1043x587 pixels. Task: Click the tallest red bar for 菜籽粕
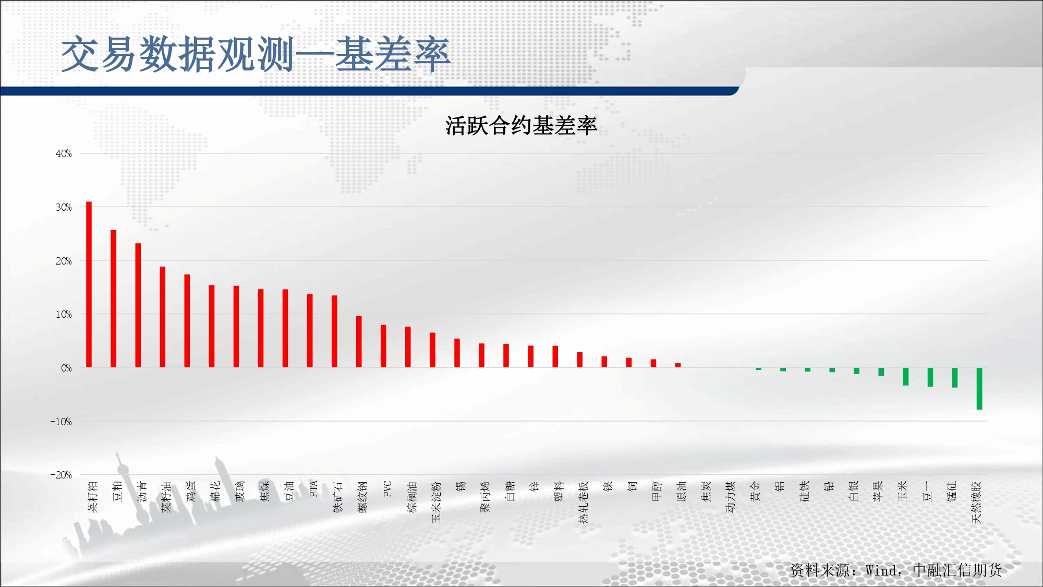point(89,284)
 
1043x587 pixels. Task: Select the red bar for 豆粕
point(113,298)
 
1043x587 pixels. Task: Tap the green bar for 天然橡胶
point(979,389)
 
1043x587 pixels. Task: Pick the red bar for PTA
point(310,331)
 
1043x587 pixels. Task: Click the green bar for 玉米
point(906,377)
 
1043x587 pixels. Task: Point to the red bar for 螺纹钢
point(359,342)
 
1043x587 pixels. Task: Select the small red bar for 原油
point(678,365)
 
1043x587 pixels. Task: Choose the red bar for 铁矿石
point(334,331)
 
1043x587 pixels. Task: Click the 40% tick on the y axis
point(64,153)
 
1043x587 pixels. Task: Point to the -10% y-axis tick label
point(61,422)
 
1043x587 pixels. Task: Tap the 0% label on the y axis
point(66,368)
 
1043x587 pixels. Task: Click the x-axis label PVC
point(387,489)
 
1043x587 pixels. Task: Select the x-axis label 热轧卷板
point(583,502)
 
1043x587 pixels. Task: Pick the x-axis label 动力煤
point(731,497)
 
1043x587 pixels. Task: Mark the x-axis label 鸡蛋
point(191,492)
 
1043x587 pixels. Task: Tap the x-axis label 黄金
point(755,492)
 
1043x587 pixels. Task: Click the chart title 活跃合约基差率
point(521,126)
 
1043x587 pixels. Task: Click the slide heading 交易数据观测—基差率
point(256,54)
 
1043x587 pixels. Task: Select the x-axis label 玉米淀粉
point(436,502)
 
